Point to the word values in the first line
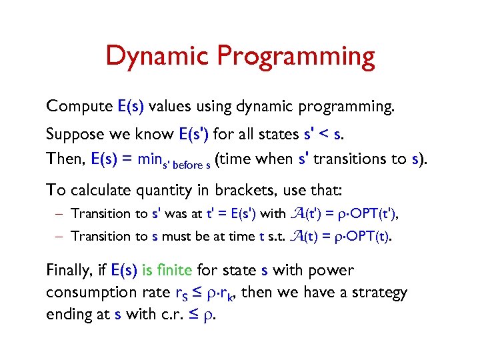(170, 107)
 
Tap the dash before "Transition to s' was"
(61, 214)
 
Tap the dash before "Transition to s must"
(61, 237)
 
